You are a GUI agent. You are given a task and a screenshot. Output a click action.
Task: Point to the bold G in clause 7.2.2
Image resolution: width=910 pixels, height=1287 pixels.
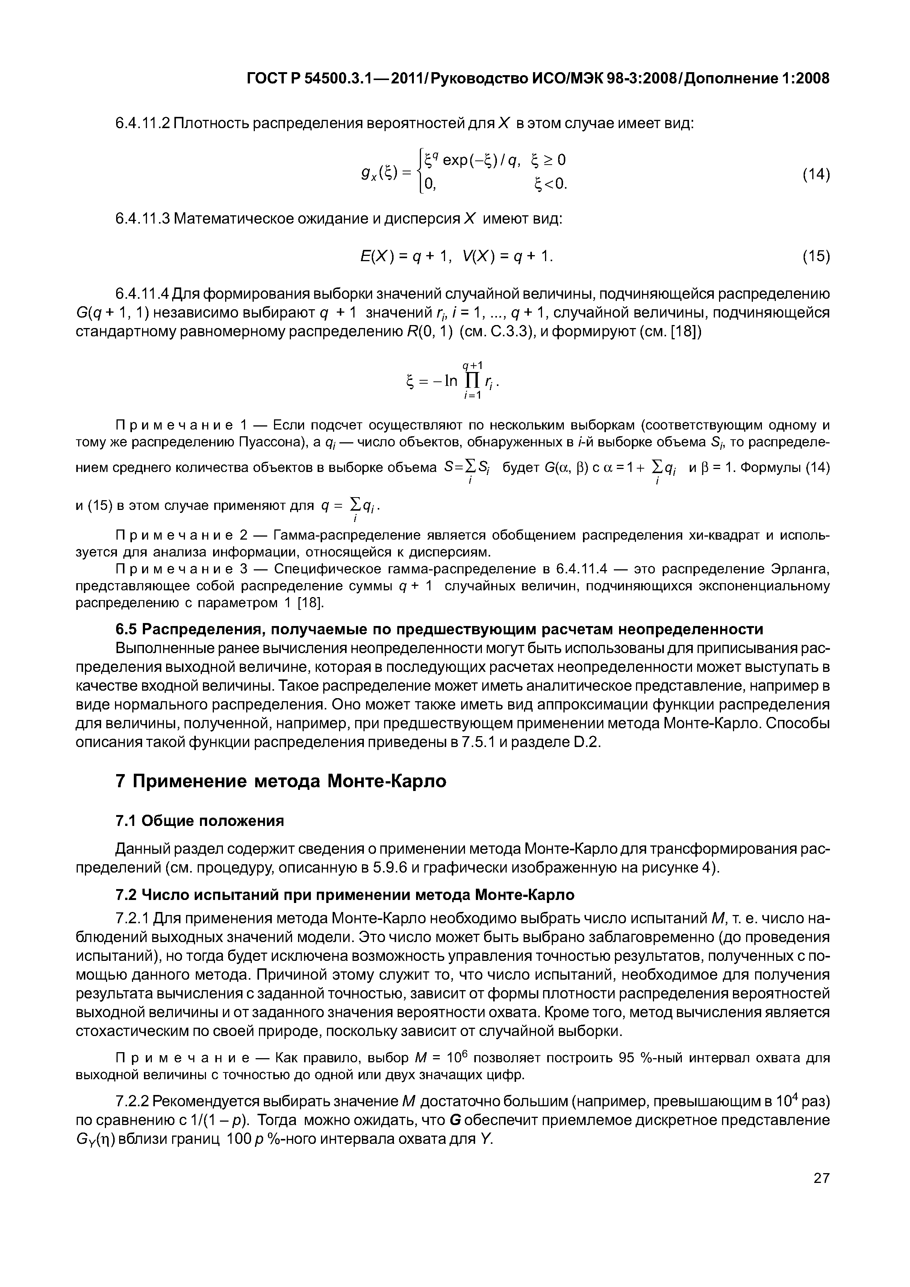455,1120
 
